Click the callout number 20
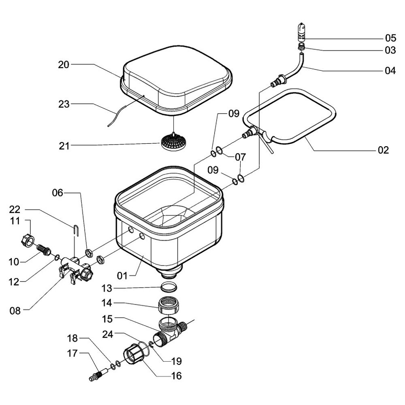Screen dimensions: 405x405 (x=64, y=64)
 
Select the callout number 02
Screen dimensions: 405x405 (x=383, y=150)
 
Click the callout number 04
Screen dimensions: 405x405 (x=390, y=70)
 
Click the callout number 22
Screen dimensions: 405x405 (x=15, y=209)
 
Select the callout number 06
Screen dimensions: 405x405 (x=58, y=193)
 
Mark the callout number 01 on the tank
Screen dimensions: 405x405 (x=122, y=276)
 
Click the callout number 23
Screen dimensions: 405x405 (x=64, y=104)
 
